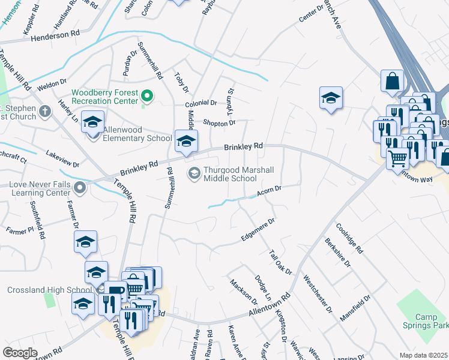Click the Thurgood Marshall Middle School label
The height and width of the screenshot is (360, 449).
tap(231, 174)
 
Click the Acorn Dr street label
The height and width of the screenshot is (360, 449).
tap(270, 191)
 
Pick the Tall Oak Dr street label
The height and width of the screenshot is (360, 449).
tap(280, 263)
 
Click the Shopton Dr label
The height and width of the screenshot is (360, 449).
tap(219, 123)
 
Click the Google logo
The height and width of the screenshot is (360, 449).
tap(20, 353)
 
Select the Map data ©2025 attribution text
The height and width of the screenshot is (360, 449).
tap(423, 355)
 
